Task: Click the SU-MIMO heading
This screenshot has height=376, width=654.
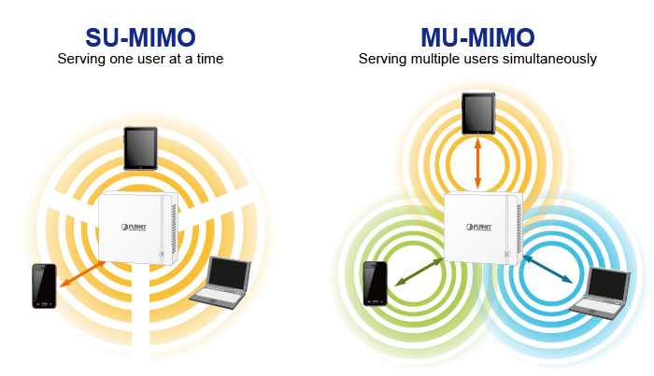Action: pos(139,37)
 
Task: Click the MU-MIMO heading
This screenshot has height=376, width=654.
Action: pos(477,37)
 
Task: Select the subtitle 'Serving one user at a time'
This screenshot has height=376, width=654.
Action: pos(140,59)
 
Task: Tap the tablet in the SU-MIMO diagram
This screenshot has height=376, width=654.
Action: pos(140,148)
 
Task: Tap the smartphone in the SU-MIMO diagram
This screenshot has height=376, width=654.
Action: pos(44,285)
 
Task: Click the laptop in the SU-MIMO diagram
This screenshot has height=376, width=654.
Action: pos(219,280)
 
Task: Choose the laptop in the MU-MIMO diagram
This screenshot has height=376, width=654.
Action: pos(597,291)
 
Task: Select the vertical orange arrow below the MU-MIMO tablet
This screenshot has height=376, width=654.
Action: pos(477,162)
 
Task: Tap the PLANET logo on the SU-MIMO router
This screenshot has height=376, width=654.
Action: pos(138,227)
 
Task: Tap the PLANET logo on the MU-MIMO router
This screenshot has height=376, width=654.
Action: pos(477,226)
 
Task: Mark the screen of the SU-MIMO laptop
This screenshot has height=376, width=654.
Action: pos(227,272)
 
